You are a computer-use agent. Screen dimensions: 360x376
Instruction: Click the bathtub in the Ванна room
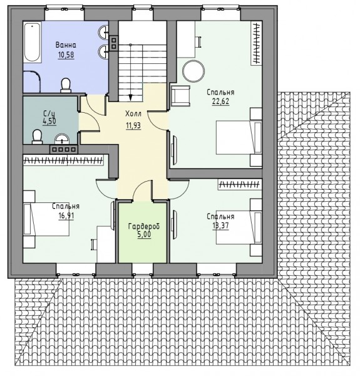click(x=33, y=43)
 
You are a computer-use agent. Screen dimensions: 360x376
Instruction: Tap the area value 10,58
click(x=66, y=55)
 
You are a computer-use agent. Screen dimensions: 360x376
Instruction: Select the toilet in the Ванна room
click(x=66, y=85)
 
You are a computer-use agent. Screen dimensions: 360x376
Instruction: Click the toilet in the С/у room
click(x=37, y=137)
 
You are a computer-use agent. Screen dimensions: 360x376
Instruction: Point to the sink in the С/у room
click(x=62, y=139)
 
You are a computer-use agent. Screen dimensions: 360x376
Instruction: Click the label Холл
click(x=133, y=113)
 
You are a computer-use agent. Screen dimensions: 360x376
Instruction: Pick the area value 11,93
click(x=133, y=125)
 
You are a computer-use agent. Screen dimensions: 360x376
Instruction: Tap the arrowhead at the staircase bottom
click(x=130, y=97)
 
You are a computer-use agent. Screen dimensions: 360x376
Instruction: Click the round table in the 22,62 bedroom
click(x=193, y=70)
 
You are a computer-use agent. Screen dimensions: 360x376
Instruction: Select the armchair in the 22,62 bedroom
click(x=180, y=96)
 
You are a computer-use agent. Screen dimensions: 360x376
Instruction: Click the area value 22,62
click(x=220, y=101)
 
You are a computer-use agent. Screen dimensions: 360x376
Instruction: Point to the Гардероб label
click(x=144, y=226)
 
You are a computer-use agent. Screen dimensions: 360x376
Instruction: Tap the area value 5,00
click(x=144, y=234)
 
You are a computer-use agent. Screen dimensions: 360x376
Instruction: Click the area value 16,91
click(x=66, y=216)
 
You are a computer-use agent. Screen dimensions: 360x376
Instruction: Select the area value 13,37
click(x=220, y=226)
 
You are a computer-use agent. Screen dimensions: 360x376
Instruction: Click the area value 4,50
click(x=49, y=121)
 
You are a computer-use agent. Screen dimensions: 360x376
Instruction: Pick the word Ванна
click(x=66, y=45)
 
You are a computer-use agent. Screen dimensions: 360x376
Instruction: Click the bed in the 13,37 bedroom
click(x=239, y=227)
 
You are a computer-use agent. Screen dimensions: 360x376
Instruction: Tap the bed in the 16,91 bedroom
click(x=46, y=219)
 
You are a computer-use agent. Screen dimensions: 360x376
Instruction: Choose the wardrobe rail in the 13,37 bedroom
click(x=240, y=184)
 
